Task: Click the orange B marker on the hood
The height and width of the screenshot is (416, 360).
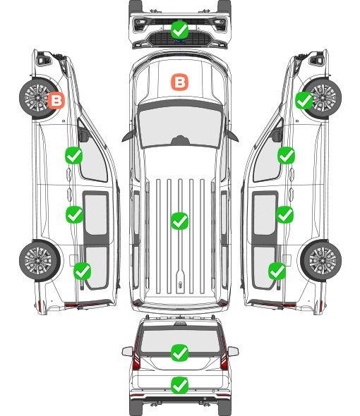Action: pyautogui.click(x=179, y=82)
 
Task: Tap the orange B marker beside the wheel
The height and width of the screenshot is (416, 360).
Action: pyautogui.click(x=56, y=101)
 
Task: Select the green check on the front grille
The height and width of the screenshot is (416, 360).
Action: pyautogui.click(x=179, y=30)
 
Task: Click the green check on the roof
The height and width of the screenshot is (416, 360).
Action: pyautogui.click(x=179, y=221)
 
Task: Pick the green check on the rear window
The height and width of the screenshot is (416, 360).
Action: pyautogui.click(x=179, y=353)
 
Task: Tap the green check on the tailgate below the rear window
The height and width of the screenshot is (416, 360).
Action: pyautogui.click(x=179, y=385)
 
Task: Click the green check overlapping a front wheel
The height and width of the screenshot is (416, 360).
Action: pyautogui.click(x=304, y=101)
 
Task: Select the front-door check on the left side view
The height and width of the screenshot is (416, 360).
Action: pyautogui.click(x=74, y=155)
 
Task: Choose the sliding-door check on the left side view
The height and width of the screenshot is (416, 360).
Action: pyautogui.click(x=74, y=214)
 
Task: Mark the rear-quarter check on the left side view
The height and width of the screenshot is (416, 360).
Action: pyautogui.click(x=83, y=271)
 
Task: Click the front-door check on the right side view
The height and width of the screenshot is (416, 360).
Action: pyautogui.click(x=286, y=155)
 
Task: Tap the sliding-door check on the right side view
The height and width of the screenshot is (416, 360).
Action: pyautogui.click(x=284, y=214)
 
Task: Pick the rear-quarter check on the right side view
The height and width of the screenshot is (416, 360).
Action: pyautogui.click(x=277, y=271)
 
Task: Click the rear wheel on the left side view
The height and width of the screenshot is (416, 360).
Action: pyautogui.click(x=40, y=261)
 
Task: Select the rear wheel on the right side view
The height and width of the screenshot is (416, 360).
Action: pyautogui.click(x=321, y=261)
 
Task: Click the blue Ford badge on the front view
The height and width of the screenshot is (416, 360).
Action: pyautogui.click(x=179, y=41)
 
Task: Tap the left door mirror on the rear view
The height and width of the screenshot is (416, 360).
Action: pyautogui.click(x=127, y=351)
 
